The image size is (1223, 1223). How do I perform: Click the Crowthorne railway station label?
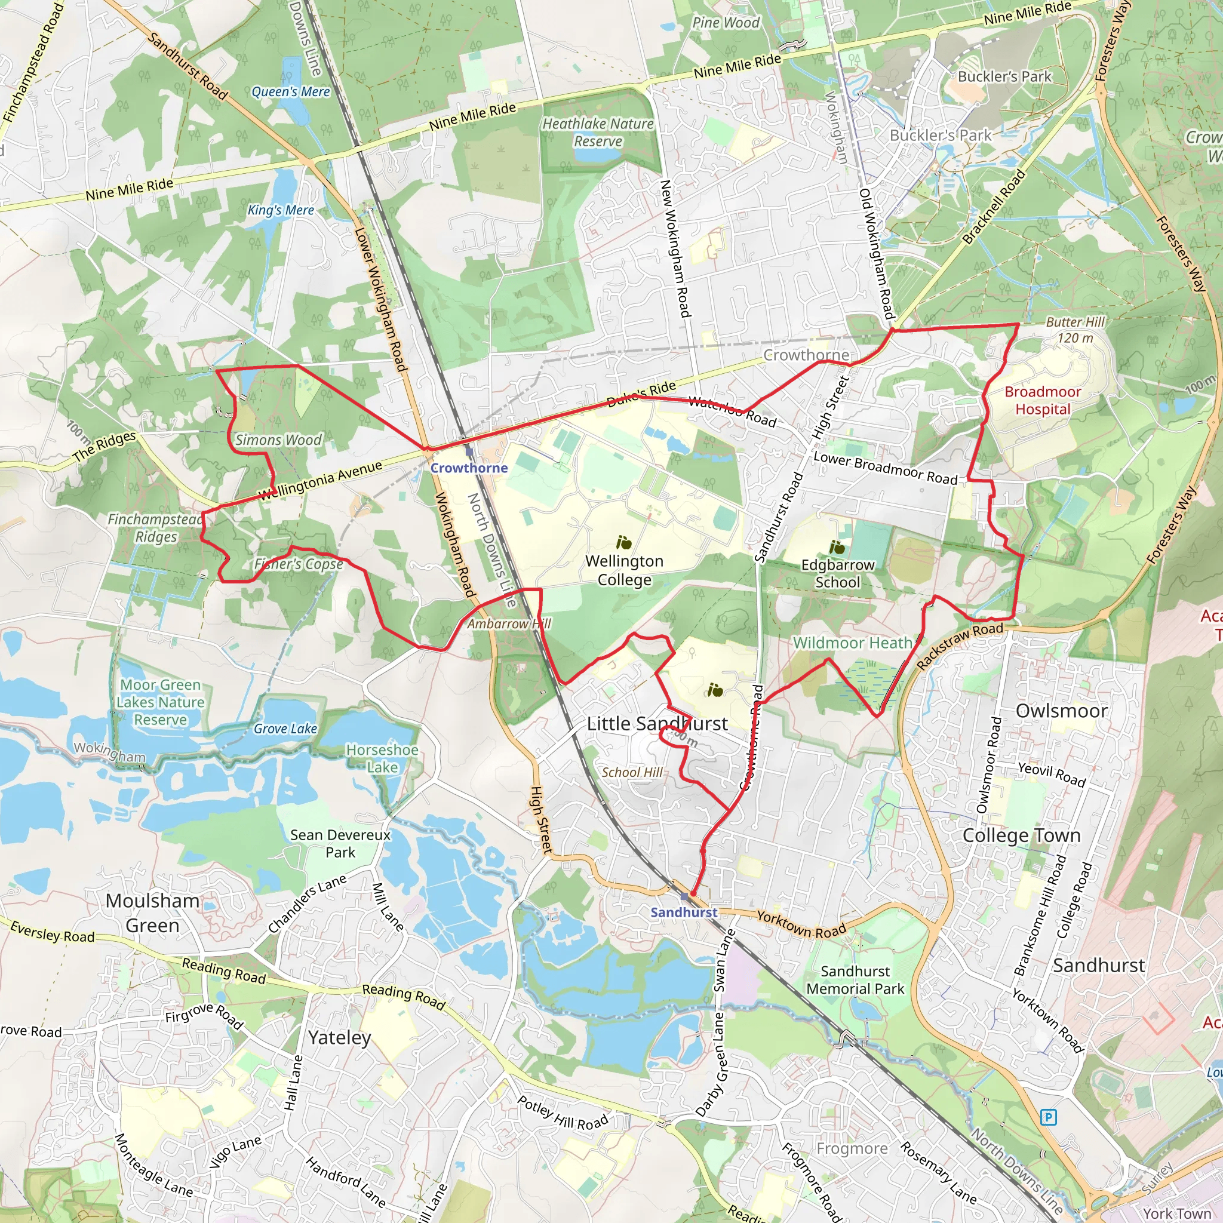(469, 468)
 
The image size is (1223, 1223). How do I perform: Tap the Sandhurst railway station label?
(684, 912)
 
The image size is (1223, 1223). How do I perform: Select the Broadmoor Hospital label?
(1043, 400)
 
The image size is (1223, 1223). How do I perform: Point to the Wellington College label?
(624, 570)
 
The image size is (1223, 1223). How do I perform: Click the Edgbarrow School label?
(837, 573)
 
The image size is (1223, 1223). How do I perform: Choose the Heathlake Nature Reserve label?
(598, 133)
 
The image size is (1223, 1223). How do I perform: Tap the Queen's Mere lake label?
(291, 92)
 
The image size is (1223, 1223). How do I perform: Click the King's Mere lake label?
(281, 210)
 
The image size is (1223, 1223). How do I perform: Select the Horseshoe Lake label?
(382, 758)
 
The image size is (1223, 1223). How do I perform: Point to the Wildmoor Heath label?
(852, 643)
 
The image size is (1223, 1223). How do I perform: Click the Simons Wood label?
(278, 440)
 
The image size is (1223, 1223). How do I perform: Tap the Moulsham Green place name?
(152, 913)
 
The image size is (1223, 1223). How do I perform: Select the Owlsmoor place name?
(1061, 711)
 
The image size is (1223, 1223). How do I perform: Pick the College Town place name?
(1021, 835)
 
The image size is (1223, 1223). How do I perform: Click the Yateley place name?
(339, 1037)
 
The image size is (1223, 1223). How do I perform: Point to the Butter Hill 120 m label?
(1075, 330)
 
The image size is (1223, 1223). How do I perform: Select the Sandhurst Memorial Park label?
(855, 980)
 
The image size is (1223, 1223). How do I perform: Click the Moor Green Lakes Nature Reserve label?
(161, 702)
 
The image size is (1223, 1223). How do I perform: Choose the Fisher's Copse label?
(298, 563)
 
